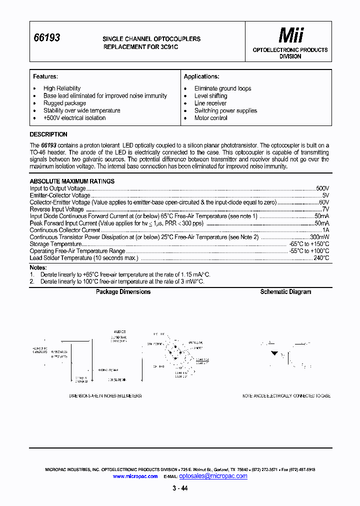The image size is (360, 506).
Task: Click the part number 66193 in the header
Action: click(x=46, y=37)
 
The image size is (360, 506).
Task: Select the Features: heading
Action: click(x=45, y=76)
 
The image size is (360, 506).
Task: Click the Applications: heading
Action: click(x=201, y=76)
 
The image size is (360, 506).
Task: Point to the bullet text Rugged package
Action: click(x=64, y=103)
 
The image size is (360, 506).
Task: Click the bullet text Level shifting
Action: click(x=210, y=95)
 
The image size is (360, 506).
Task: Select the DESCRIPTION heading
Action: click(x=48, y=134)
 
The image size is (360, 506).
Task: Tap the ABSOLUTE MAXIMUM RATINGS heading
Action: click(x=72, y=181)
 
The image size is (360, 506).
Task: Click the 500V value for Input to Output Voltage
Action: click(x=322, y=188)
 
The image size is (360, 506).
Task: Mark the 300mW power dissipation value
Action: click(x=319, y=237)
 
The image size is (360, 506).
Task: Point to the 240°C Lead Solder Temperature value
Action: click(x=321, y=258)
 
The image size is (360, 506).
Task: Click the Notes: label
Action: click(x=38, y=267)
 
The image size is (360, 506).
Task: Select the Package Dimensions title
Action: click(x=123, y=292)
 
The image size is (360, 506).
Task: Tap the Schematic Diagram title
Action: click(x=285, y=292)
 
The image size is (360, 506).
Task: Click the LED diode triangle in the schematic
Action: click(x=274, y=353)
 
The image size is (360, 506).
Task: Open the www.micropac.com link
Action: click(x=135, y=476)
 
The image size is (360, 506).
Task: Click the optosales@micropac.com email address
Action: click(x=213, y=476)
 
